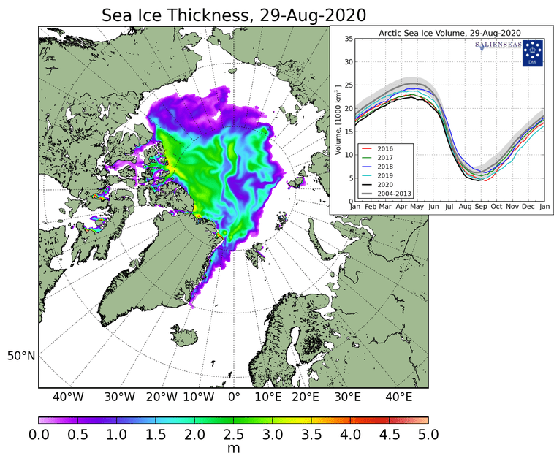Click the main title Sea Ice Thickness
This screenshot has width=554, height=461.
point(234,15)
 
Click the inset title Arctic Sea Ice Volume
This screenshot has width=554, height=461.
point(449,33)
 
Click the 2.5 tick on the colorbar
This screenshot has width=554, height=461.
point(234,435)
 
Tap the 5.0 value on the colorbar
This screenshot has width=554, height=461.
point(428,435)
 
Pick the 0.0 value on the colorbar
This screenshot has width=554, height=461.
point(39,435)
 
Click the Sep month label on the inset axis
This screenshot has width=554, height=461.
point(481,207)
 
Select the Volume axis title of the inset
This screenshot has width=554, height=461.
point(339,121)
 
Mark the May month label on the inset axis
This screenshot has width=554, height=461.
point(418,207)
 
